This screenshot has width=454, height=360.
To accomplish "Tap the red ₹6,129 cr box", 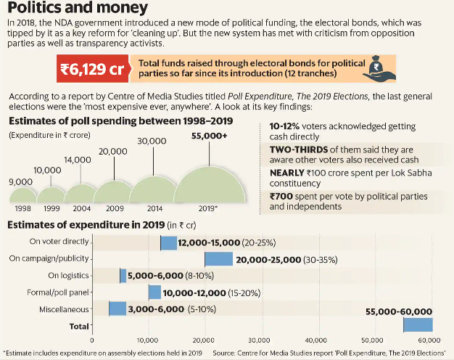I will pyautogui.click(x=91, y=70).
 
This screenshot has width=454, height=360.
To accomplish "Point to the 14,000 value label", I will pyautogui.click(x=78, y=160).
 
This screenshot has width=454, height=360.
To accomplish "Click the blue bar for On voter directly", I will pyautogui.click(x=168, y=242).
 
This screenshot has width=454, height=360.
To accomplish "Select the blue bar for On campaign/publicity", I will pyautogui.click(x=218, y=259).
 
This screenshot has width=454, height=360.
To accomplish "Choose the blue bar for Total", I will pyautogui.click(x=417, y=325).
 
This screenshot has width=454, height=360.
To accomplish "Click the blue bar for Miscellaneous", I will pyautogui.click(x=117, y=308).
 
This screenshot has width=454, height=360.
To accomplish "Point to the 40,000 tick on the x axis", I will pyautogui.click(x=315, y=340).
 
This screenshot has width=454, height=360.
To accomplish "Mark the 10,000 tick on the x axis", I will pyautogui.click(x=148, y=340).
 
